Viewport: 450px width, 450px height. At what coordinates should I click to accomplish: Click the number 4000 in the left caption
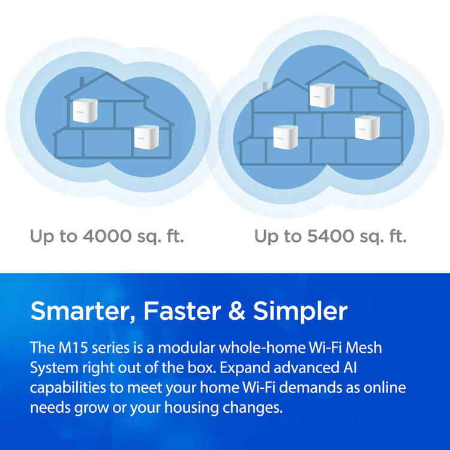[107, 236]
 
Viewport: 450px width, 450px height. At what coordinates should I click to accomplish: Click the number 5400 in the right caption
[330, 236]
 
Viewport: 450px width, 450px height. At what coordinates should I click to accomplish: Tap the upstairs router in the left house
[85, 110]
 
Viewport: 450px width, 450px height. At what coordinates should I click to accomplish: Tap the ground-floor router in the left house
[146, 137]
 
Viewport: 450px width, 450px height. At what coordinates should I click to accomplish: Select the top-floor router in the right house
[322, 95]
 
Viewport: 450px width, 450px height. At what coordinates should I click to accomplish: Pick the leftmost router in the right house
[285, 137]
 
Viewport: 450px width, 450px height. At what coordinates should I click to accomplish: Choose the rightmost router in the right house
[367, 127]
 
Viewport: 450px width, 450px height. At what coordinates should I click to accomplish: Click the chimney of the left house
[82, 82]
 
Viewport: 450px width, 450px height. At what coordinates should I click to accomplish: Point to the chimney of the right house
[265, 87]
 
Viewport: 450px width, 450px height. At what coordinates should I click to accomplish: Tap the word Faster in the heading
[182, 311]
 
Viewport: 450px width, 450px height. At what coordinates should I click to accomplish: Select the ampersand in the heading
[237, 311]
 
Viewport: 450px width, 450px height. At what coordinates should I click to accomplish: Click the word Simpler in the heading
[300, 311]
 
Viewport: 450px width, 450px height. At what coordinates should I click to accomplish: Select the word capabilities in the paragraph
[68, 388]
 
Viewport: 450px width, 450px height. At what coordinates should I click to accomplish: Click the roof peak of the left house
[107, 74]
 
